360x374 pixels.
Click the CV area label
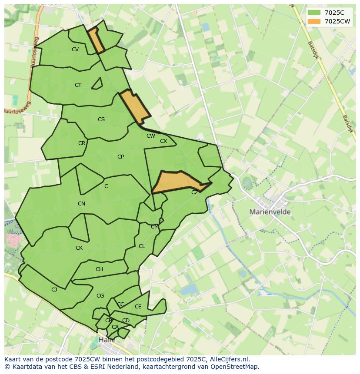[75, 50]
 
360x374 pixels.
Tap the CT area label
[78, 85]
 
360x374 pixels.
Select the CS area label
[101, 119]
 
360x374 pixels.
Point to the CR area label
[82, 143]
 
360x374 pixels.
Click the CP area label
[120, 157]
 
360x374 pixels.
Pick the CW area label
[151, 136]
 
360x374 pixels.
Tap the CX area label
[163, 141]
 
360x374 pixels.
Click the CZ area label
[195, 192]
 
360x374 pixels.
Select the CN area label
[81, 204]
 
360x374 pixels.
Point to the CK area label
[79, 248]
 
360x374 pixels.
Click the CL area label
[142, 246]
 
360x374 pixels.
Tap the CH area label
[99, 269]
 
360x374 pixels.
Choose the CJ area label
[54, 290]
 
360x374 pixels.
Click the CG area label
[100, 296]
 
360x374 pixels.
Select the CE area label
[138, 307]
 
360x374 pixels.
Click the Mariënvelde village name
[270, 212]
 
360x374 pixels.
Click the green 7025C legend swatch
[314, 13]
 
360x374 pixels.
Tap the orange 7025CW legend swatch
[314, 21]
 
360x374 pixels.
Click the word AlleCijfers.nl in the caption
[228, 359]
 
